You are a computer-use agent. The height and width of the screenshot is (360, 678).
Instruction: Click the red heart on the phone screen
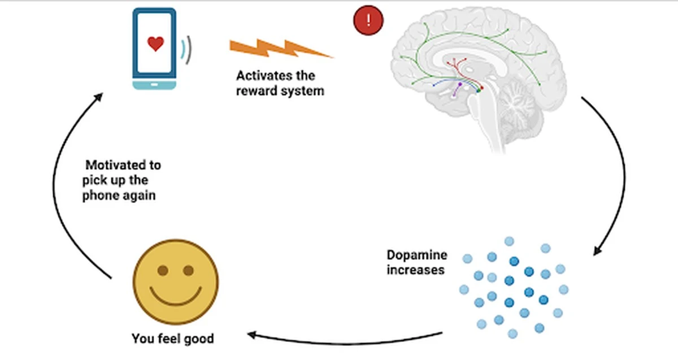(x=155, y=44)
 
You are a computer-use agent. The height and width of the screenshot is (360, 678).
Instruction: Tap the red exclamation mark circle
(x=368, y=21)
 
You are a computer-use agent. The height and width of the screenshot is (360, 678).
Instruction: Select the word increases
(x=415, y=270)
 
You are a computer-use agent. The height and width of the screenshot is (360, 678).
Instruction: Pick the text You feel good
(x=173, y=339)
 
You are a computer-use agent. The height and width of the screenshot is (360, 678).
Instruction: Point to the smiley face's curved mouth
(x=175, y=297)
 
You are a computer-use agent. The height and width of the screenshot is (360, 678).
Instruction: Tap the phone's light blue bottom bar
(x=154, y=85)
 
